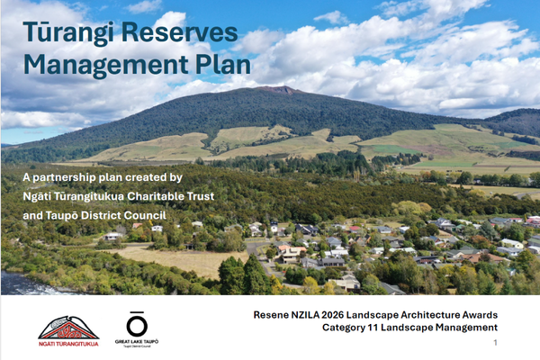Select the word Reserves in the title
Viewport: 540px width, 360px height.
click(179, 32)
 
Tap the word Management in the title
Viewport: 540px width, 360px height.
click(105, 66)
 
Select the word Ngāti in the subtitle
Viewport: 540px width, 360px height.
click(35, 197)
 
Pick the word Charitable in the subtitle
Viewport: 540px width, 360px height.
click(150, 196)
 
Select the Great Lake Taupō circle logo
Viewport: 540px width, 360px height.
click(137, 324)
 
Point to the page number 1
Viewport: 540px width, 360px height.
click(495, 342)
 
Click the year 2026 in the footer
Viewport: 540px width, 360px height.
click(333, 315)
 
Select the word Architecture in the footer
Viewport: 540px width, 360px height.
click(414, 315)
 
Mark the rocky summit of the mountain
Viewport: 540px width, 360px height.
click(279, 90)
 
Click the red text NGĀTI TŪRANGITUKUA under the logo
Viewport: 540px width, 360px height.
click(68, 344)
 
